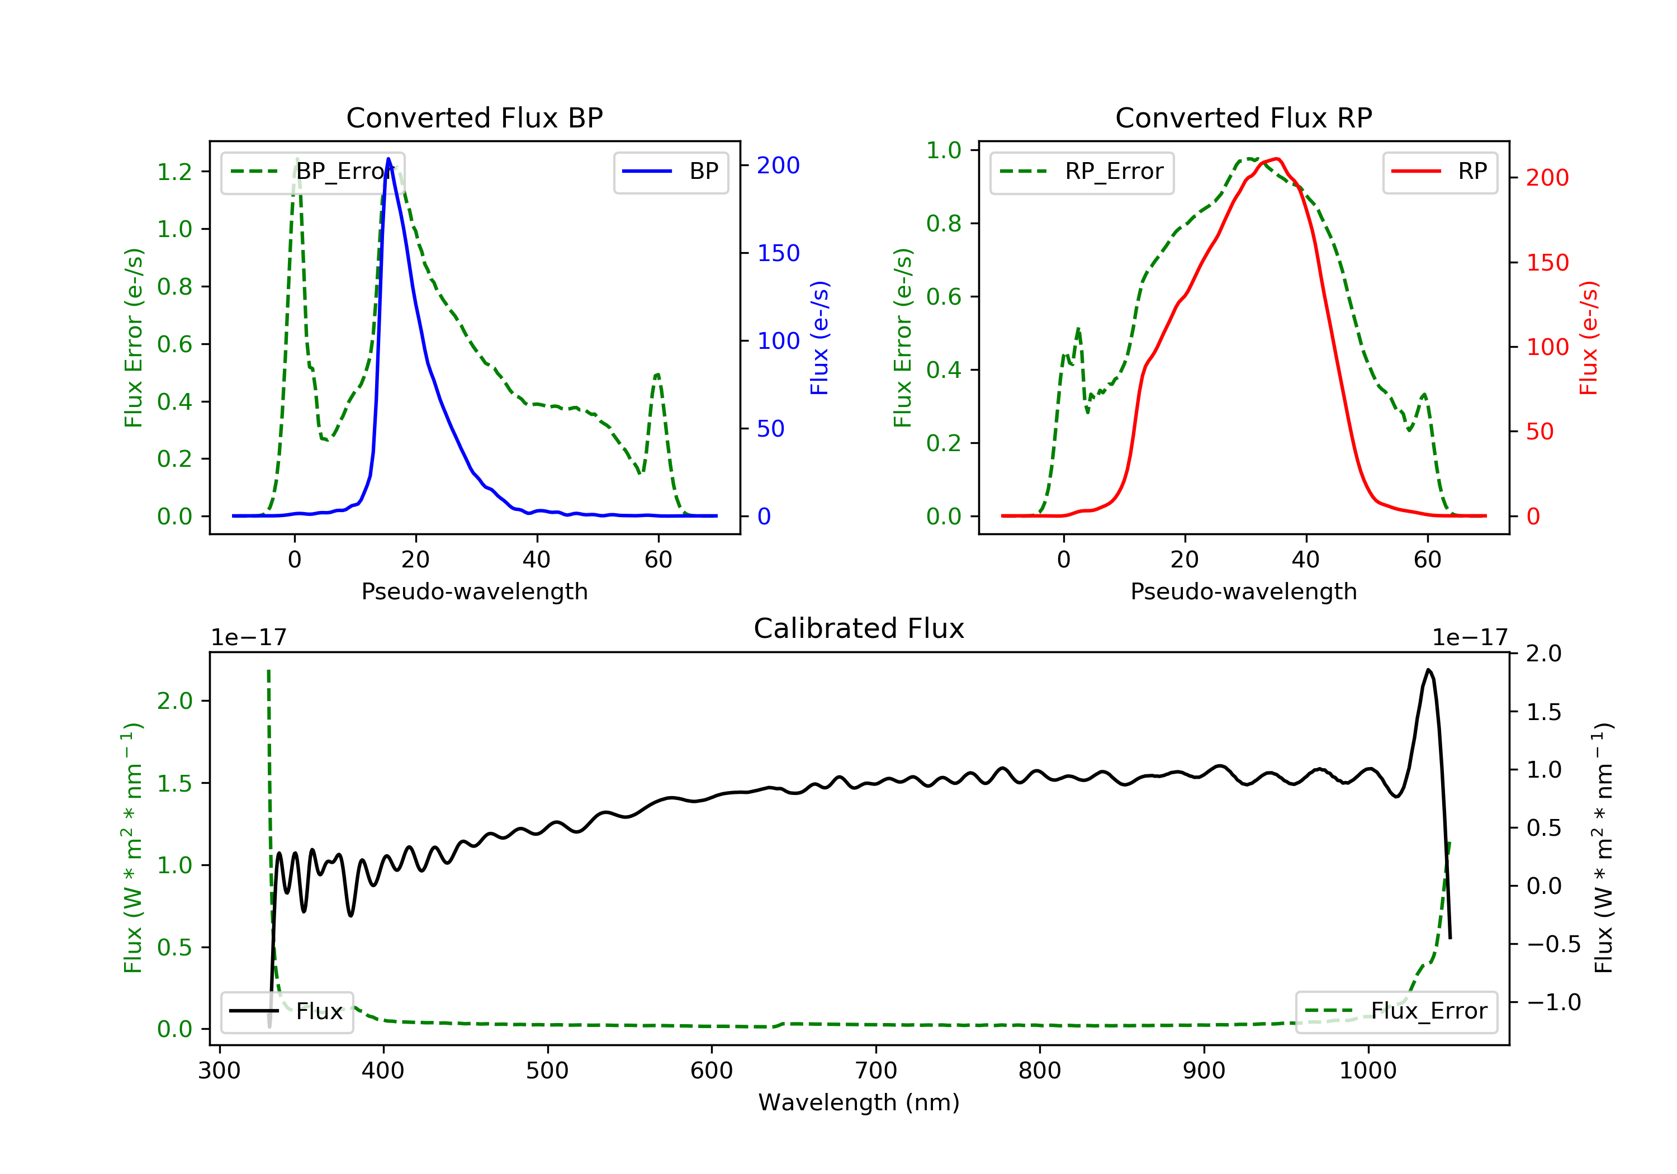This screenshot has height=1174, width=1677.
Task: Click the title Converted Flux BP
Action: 474,117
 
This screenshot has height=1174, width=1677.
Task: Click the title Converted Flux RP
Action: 1243,117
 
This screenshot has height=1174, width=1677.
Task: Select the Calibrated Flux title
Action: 859,628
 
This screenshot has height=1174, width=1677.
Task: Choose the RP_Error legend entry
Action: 1082,172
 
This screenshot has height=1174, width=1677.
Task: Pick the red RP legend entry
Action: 1439,172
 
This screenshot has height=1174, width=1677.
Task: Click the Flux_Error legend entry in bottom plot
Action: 1396,1011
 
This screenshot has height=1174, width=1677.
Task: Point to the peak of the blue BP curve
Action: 388,159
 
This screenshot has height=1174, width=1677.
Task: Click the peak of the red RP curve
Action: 1275,159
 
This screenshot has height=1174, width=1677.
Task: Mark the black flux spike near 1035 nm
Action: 1428,670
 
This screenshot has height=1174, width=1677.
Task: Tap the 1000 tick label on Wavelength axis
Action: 1367,1071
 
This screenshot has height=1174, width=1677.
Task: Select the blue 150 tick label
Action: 779,253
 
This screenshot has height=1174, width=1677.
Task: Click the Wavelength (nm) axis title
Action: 859,1102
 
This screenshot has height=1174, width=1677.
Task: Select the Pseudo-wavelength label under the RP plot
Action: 1243,591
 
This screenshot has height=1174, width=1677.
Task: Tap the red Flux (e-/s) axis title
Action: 1588,338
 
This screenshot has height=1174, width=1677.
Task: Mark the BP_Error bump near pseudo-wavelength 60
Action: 657,375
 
